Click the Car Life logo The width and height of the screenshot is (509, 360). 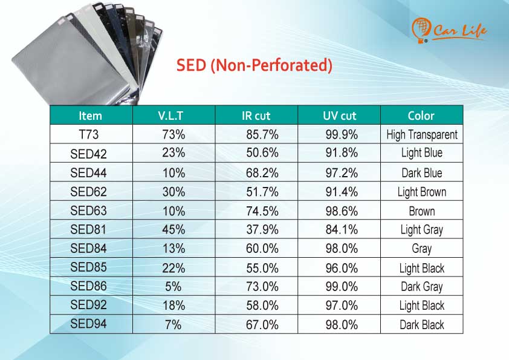[x=449, y=30]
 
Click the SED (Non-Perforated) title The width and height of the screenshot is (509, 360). [x=254, y=65]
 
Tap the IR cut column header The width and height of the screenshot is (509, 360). [x=256, y=116]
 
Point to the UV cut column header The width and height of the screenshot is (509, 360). [x=340, y=116]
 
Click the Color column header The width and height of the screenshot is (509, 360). [x=421, y=116]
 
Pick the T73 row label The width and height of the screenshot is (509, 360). [x=89, y=134]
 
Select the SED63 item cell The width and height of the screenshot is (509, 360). [x=88, y=211]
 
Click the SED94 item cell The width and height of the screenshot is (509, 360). [x=88, y=324]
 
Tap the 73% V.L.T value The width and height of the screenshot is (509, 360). [x=173, y=134]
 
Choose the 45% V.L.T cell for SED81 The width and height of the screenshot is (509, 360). [x=173, y=230]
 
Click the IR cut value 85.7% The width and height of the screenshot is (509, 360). [x=262, y=134]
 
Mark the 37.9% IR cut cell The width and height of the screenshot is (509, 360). [x=262, y=230]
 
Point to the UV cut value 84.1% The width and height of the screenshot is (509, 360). [x=342, y=230]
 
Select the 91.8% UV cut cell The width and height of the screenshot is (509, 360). [x=342, y=152]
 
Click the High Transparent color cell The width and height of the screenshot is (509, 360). [x=422, y=134]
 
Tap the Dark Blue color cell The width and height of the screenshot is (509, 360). [x=422, y=173]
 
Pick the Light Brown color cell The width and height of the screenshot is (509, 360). [x=422, y=192]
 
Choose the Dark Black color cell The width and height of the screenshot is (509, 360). [x=422, y=324]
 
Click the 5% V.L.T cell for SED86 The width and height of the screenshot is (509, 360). [x=173, y=287]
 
